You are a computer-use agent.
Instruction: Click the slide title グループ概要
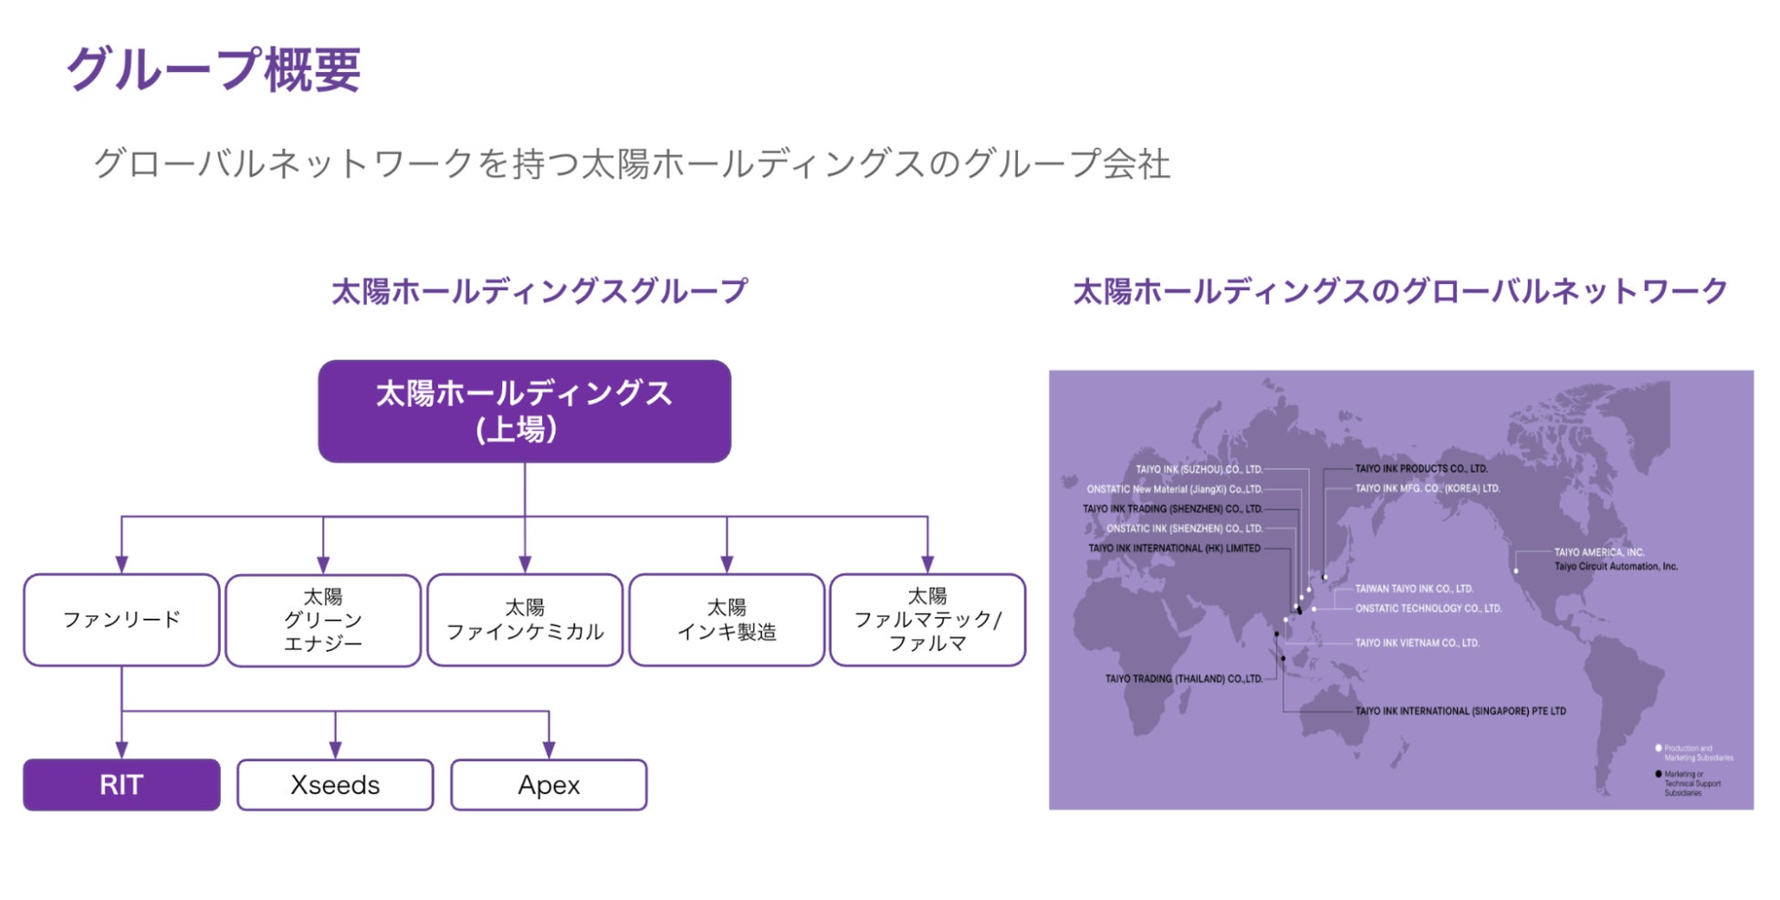pos(214,69)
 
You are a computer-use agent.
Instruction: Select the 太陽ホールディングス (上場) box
pos(524,412)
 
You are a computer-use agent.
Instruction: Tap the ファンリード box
pos(121,620)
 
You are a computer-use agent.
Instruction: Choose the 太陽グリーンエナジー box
pos(323,621)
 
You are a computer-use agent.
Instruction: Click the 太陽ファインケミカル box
pos(525,621)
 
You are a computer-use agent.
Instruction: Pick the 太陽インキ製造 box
pos(727,621)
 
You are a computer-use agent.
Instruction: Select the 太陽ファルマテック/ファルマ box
pos(927,621)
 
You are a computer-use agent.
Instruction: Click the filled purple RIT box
pos(121,785)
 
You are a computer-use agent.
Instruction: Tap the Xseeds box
pos(335,785)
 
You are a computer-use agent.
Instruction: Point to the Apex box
pos(549,785)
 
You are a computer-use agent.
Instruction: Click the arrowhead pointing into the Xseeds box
pos(335,749)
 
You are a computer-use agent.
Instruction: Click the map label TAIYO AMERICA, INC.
pos(1598,552)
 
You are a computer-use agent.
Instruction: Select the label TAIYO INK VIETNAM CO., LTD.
pos(1417,644)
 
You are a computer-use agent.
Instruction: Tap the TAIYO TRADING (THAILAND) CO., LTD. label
pos(1183,679)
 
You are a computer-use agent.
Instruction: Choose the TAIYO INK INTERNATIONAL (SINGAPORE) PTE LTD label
pos(1460,711)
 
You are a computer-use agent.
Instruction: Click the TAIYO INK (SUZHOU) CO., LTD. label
pos(1199,469)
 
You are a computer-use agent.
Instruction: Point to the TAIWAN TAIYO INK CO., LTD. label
pos(1413,589)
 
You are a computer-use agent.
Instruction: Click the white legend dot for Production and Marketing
pos(1659,748)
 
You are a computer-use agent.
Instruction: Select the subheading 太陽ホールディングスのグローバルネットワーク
pos(1400,291)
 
